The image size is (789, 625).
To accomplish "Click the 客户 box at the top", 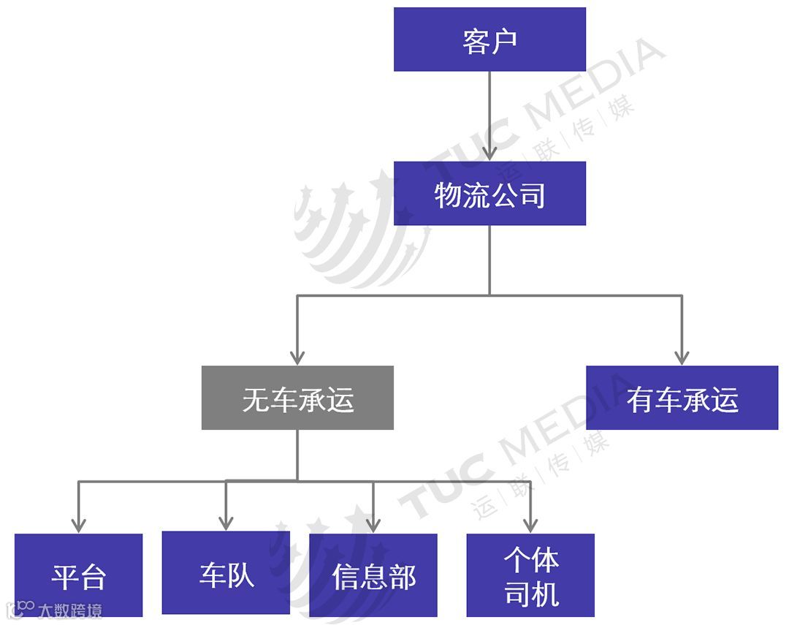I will (x=489, y=39).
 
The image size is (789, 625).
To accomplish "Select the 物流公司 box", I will (x=489, y=194).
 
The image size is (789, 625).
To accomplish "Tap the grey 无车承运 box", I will (x=297, y=398).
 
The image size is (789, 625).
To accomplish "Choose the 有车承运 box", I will (x=682, y=398).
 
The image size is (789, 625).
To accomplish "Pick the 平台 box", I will (x=79, y=576).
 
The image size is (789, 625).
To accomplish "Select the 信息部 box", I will (x=373, y=576).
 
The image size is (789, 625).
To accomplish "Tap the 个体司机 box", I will (x=530, y=576).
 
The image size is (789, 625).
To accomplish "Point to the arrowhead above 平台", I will (x=79, y=524).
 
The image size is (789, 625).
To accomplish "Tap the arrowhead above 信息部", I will (x=373, y=524).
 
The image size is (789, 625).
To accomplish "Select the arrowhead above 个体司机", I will (x=531, y=524).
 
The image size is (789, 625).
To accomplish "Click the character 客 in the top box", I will (x=476, y=40).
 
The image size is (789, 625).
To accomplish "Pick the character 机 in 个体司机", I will (x=545, y=593).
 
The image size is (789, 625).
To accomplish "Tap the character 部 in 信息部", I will (x=401, y=577).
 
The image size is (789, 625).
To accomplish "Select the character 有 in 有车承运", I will (x=640, y=400).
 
